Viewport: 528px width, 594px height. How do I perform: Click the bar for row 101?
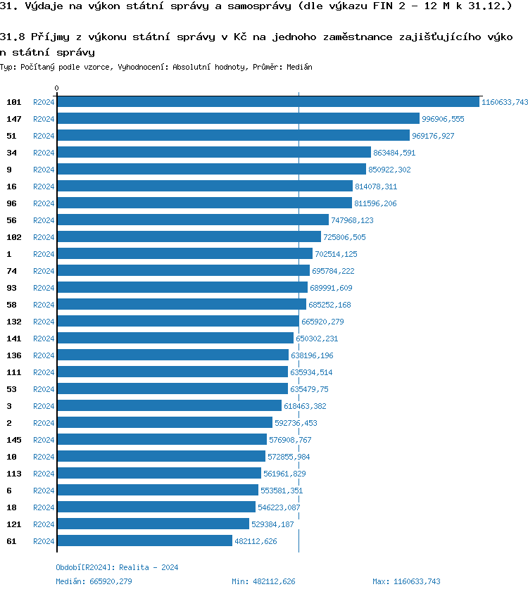click(268, 102)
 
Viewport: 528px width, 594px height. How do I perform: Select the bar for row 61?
click(144, 541)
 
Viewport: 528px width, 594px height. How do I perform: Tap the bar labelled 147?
click(238, 119)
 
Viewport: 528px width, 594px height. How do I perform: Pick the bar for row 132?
click(178, 322)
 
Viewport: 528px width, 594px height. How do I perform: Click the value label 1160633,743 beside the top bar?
click(504, 102)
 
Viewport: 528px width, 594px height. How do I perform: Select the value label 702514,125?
click(336, 254)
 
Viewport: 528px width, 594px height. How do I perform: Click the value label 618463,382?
click(305, 406)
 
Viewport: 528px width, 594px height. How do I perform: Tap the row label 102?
click(14, 237)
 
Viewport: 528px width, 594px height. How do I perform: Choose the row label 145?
click(14, 440)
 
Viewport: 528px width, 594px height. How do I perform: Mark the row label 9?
click(9, 170)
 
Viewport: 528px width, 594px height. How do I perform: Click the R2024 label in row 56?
click(44, 220)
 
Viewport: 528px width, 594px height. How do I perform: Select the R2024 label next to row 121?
click(44, 524)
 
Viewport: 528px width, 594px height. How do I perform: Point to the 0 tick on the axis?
click(57, 88)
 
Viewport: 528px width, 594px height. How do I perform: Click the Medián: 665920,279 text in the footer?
click(94, 581)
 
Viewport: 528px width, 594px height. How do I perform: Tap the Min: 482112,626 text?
click(263, 581)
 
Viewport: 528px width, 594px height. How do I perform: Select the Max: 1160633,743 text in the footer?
click(406, 581)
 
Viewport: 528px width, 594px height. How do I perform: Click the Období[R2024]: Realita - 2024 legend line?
click(117, 567)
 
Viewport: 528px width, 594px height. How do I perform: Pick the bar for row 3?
click(169, 406)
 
